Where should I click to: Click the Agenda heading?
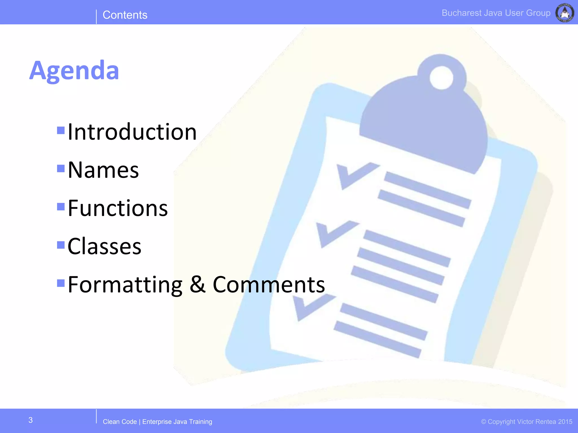(74, 70)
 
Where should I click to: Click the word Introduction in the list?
(132, 132)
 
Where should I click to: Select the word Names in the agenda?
(103, 170)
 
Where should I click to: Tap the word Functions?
(118, 208)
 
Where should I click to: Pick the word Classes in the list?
(104, 246)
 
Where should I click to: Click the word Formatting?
(125, 285)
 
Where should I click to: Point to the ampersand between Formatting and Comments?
(197, 284)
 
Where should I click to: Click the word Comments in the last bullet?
(269, 285)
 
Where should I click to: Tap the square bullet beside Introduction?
(61, 130)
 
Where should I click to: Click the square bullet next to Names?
(61, 168)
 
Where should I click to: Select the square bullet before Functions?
(61, 207)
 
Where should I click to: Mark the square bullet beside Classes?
(61, 245)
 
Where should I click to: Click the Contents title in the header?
(125, 15)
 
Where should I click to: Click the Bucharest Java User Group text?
(496, 13)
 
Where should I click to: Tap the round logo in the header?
(564, 13)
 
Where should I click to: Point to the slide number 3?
(30, 420)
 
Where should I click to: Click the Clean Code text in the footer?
(120, 422)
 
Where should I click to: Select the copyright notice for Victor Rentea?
(527, 422)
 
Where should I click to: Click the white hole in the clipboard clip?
(441, 78)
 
